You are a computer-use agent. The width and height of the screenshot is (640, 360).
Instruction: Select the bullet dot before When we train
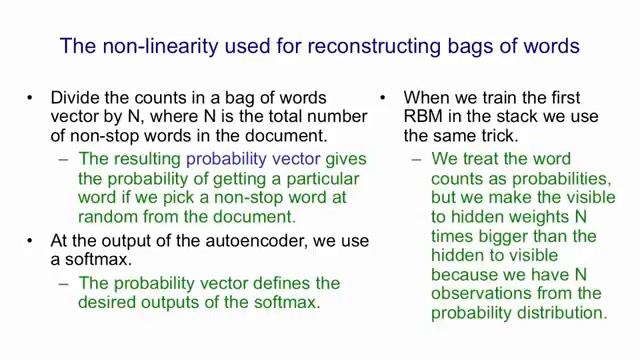tap(383, 98)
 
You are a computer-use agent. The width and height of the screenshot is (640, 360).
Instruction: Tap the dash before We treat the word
tap(417, 160)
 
